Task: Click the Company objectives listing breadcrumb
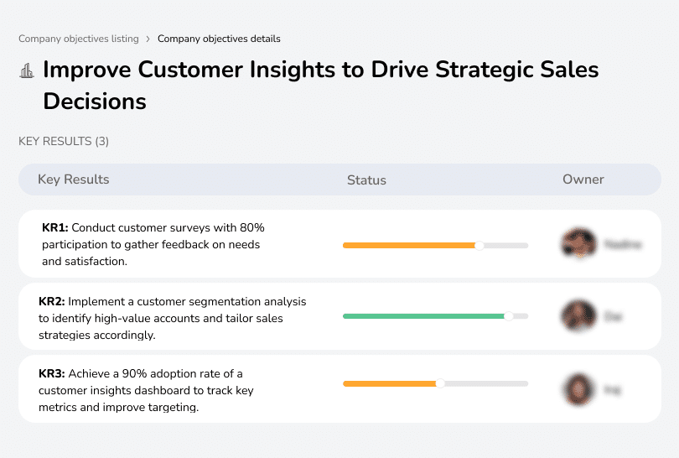(79, 39)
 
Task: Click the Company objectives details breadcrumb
(219, 39)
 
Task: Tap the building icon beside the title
(27, 71)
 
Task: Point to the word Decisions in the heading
(95, 101)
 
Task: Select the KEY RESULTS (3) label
(64, 142)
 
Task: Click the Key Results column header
(73, 180)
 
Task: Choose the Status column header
(366, 180)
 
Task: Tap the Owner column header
(583, 180)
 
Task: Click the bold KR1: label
(56, 227)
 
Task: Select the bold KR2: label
(53, 301)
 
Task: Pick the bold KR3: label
(53, 374)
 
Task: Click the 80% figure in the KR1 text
(251, 227)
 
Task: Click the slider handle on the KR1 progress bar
(479, 246)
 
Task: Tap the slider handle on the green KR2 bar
(508, 316)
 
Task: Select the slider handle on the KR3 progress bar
(440, 383)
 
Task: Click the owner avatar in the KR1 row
(578, 244)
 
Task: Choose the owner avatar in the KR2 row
(578, 316)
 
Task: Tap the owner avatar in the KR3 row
(578, 389)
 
